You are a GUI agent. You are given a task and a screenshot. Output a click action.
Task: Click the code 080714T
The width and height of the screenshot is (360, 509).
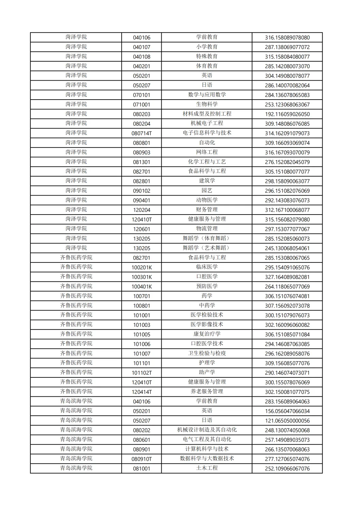(141, 133)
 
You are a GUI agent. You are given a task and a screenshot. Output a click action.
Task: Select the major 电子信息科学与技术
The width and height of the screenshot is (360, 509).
(207, 133)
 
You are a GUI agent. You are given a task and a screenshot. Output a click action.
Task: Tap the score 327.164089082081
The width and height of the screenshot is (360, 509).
(287, 277)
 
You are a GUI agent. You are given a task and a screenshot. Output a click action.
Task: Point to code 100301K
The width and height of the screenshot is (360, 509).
(141, 277)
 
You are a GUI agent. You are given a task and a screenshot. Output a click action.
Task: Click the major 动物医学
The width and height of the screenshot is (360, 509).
(207, 200)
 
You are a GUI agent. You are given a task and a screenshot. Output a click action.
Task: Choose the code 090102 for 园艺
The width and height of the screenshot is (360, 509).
(141, 191)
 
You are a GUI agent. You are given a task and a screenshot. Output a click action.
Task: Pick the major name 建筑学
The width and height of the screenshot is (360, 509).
(207, 181)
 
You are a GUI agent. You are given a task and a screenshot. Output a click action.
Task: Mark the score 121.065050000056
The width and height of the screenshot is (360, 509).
(287, 421)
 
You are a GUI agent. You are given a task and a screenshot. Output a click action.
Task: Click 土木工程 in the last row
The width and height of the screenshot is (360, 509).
(207, 468)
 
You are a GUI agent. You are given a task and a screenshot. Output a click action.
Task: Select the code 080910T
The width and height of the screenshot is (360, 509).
(141, 459)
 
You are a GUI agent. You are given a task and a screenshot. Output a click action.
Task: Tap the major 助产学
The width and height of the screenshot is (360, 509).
(207, 372)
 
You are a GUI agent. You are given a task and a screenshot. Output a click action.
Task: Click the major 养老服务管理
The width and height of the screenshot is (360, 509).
(207, 392)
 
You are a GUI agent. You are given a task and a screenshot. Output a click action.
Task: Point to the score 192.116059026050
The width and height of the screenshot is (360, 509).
(287, 114)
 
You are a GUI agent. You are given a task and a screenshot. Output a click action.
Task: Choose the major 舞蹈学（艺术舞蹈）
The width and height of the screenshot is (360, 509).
(207, 248)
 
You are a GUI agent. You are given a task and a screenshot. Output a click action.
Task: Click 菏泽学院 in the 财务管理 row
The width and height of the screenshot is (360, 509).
(76, 210)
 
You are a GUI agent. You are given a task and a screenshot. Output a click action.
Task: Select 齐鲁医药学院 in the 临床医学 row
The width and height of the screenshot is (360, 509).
(76, 267)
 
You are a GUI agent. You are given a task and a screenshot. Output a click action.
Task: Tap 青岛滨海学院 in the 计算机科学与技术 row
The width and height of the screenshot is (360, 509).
(76, 449)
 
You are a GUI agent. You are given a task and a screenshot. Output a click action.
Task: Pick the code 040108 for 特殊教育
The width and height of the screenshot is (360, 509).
(141, 57)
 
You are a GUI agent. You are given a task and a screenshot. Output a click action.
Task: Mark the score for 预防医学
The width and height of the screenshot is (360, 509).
(287, 286)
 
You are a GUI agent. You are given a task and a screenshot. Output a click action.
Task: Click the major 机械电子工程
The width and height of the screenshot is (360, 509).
(207, 124)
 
